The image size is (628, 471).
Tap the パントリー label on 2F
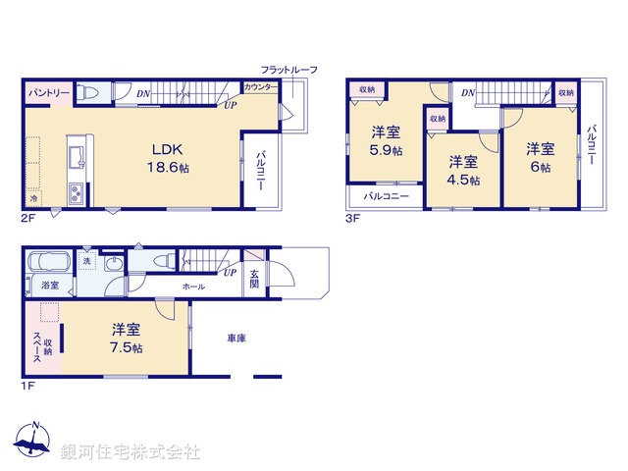(x=48, y=92)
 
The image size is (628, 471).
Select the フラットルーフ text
(x=288, y=70)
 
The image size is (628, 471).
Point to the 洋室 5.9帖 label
(x=385, y=141)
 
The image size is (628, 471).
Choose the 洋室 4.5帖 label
(x=463, y=171)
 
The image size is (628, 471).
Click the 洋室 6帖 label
(x=539, y=158)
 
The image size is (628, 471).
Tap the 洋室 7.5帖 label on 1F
(x=127, y=338)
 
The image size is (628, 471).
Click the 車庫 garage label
(x=236, y=339)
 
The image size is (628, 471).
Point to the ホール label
(x=192, y=287)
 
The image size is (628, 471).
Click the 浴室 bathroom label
(x=48, y=285)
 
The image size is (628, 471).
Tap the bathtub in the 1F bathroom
(x=46, y=264)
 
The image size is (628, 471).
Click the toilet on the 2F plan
(x=89, y=92)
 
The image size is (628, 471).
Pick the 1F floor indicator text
(x=28, y=386)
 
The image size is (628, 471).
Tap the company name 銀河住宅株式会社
(x=131, y=452)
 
